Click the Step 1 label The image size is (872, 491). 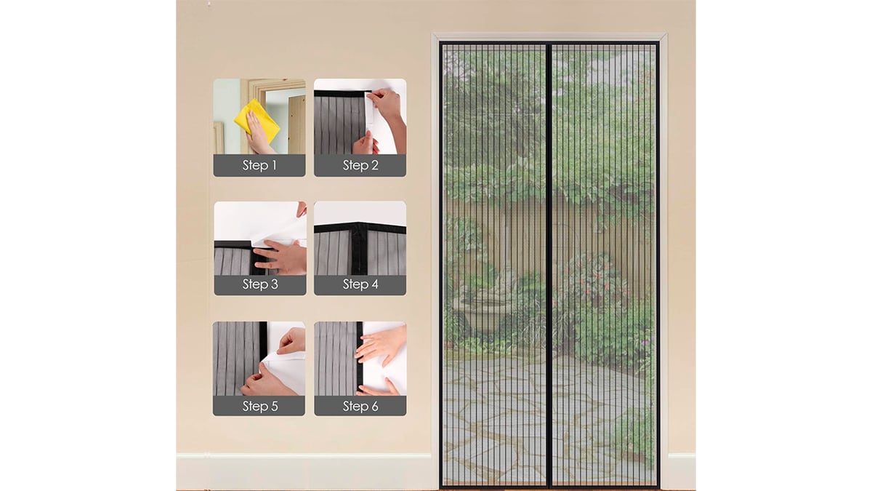coord(259,165)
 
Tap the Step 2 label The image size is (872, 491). coord(360,165)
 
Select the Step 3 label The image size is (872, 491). coord(260,284)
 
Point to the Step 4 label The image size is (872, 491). coord(360,284)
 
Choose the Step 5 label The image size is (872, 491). coord(260,406)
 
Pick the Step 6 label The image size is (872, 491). coord(360,406)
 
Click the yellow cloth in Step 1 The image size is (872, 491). coord(257,121)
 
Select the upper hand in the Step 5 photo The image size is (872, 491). coord(293,341)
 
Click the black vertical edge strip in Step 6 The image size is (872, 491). coord(359,359)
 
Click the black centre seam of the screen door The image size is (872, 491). coord(549,265)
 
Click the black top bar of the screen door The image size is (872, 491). coord(549,43)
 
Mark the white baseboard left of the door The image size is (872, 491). coord(304,471)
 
